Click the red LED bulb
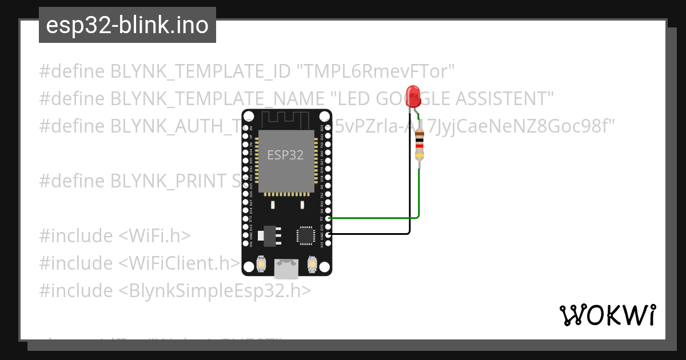pos(412,95)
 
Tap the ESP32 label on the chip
pos(285,155)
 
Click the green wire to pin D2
pos(374,218)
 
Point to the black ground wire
pos(372,233)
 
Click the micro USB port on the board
pos(286,268)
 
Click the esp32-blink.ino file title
pos(127,25)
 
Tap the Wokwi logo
pos(607,315)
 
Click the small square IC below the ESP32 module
pos(305,235)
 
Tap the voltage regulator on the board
pos(268,234)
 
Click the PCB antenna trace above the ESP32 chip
pos(286,119)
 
